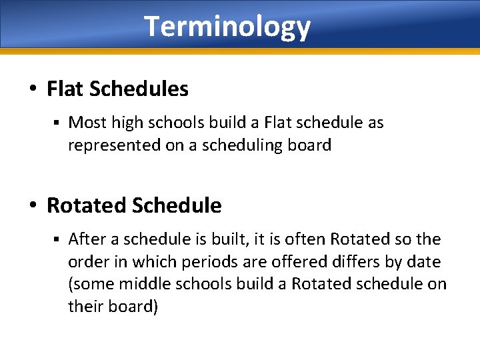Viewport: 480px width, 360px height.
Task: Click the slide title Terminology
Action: click(227, 27)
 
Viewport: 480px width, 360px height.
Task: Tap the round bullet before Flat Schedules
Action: click(33, 89)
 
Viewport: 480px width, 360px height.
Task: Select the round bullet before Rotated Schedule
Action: click(33, 206)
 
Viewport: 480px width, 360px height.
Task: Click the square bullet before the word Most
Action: click(57, 123)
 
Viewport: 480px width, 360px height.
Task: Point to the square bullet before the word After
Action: click(57, 239)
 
